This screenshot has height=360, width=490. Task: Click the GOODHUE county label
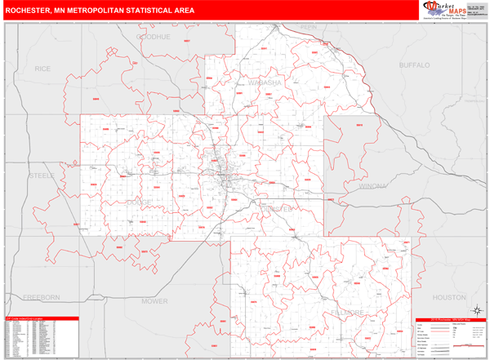[x=152, y=38]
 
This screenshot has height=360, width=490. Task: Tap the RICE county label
[x=42, y=69]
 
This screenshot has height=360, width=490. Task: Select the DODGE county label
[x=139, y=201]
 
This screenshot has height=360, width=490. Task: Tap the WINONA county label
[x=375, y=187]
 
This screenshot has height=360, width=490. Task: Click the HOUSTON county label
[x=448, y=297]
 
